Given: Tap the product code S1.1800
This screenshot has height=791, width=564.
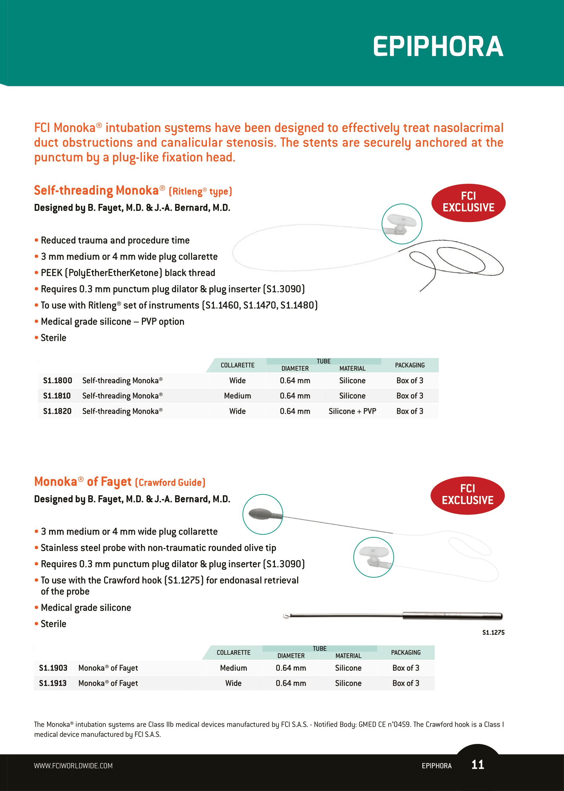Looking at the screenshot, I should point(58,381).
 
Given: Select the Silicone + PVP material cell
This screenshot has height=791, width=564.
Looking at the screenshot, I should point(352,411).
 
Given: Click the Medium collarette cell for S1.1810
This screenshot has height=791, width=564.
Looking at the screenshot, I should point(237,396).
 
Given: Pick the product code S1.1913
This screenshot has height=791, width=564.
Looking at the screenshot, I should point(53,683).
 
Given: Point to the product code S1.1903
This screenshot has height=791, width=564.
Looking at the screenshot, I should point(53,668).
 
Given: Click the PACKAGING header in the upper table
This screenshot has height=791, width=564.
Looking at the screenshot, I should point(409,365).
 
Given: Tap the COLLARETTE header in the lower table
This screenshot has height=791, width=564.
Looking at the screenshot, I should point(233,652).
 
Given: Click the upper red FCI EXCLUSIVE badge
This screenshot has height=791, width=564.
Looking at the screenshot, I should point(468,203).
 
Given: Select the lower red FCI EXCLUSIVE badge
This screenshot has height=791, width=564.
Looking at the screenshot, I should point(468,495).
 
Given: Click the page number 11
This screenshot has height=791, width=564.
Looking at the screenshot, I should point(477,764).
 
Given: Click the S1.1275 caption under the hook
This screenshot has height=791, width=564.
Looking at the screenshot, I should point(493,632).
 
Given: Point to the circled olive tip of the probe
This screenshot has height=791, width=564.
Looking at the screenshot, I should point(263,514).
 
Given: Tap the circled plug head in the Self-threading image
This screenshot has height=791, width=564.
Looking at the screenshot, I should point(402,224).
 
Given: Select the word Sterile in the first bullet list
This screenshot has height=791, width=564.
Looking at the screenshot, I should point(53,338).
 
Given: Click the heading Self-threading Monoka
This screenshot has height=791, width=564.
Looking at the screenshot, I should point(96,191).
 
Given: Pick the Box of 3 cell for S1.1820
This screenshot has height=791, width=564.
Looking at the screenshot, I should point(409,411).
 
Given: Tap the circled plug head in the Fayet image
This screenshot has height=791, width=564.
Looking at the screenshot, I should point(373,557).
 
